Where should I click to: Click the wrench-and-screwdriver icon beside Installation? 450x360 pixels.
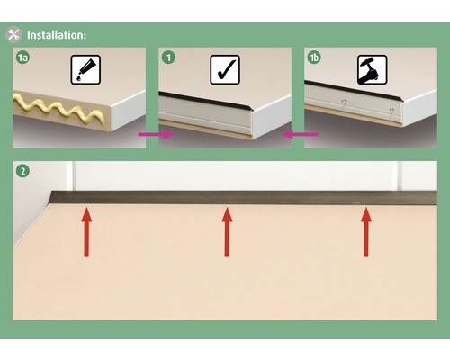coord(14,35)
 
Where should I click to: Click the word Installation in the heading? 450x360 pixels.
coord(57,35)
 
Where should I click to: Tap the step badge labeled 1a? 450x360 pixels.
coord(23,58)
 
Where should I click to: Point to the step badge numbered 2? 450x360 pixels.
coord(22,171)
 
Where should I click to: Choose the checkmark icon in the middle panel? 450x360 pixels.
coord(225,69)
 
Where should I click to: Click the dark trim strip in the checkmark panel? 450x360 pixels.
coord(207,96)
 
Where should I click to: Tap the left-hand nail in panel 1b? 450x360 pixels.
coord(345,104)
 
